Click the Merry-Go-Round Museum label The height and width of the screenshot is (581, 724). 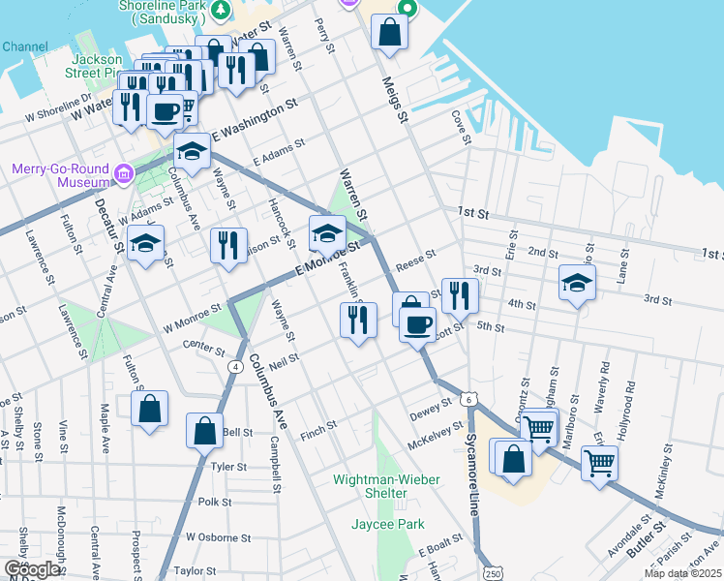pos(60,174)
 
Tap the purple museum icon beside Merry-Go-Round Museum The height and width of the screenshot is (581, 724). pos(123,174)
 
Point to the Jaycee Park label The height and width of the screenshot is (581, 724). pos(392,525)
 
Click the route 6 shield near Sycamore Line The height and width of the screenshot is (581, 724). pos(468,399)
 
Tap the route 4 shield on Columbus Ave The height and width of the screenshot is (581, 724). pos(236,367)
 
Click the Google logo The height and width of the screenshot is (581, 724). pos(32,570)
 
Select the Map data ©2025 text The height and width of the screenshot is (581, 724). pos(682,573)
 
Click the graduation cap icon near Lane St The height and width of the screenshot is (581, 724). pos(577,284)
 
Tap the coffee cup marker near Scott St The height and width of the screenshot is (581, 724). pos(417,324)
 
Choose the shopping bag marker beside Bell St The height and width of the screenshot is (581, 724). pos(205,431)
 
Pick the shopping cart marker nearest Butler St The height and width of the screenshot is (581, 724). pos(599,464)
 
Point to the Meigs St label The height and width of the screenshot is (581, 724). pos(396,99)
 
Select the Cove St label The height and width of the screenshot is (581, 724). pos(461,128)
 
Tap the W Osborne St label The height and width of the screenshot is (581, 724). pos(218,536)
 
